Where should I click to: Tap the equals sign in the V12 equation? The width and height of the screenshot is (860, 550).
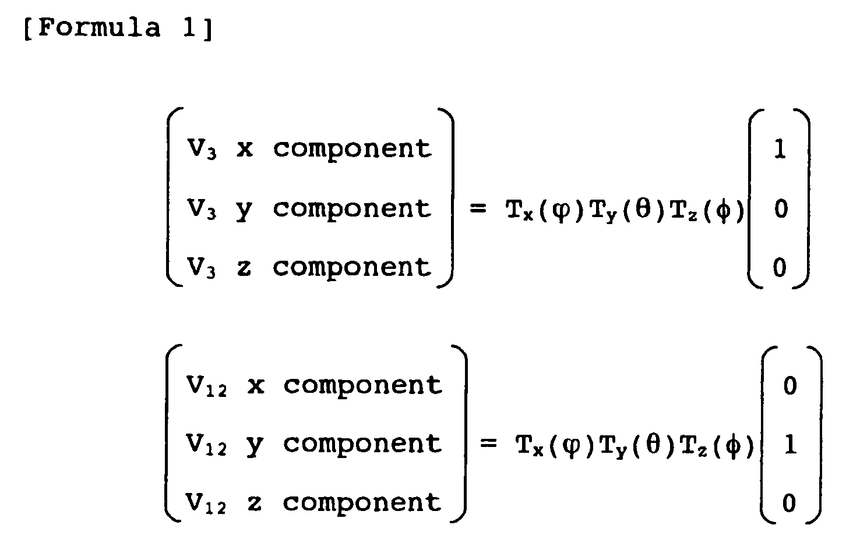point(488,445)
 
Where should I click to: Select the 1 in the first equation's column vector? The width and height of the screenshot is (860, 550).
point(780,150)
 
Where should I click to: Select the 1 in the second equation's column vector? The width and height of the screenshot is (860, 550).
point(790,445)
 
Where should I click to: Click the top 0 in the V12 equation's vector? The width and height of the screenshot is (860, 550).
point(790,385)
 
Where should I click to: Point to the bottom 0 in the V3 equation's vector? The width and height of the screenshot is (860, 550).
point(780,268)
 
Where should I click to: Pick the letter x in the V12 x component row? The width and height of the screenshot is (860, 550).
point(255,386)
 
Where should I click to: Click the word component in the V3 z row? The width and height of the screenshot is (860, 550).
point(352,268)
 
